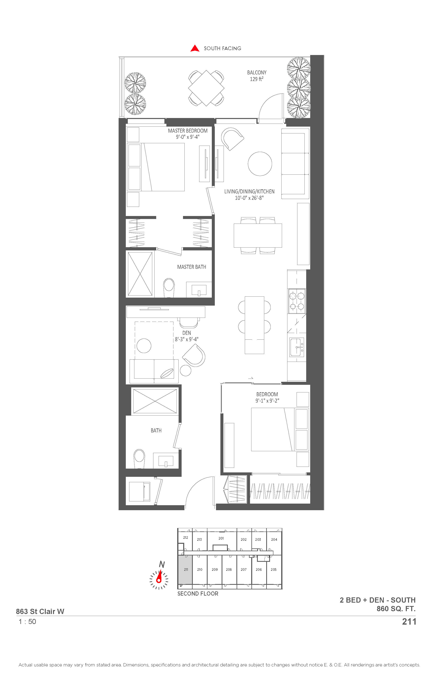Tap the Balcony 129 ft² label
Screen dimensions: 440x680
point(257,76)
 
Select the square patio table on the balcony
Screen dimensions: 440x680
point(206,88)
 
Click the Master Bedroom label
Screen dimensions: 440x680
point(188,131)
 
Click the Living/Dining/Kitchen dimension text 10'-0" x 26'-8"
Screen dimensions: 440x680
point(249,198)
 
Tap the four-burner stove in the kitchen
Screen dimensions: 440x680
point(297,301)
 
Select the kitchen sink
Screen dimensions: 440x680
point(297,347)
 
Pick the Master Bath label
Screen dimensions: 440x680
point(191,267)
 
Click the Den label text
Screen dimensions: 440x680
point(187,333)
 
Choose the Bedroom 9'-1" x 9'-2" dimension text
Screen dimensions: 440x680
point(267,401)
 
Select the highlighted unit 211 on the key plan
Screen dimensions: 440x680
point(185,569)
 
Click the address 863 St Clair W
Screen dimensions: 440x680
point(40,611)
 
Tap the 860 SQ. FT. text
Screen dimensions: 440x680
point(396,609)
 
